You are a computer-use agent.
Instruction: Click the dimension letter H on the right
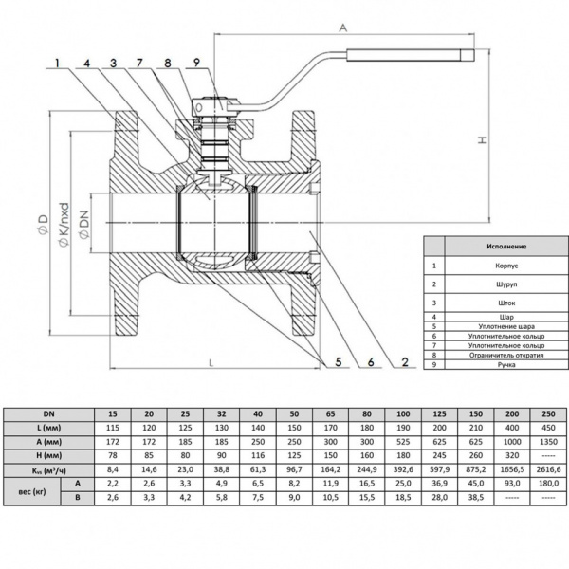(485, 139)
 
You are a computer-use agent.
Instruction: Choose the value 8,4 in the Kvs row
(113, 468)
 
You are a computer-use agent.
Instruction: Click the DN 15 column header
(113, 415)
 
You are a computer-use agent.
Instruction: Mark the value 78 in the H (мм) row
(113, 455)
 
